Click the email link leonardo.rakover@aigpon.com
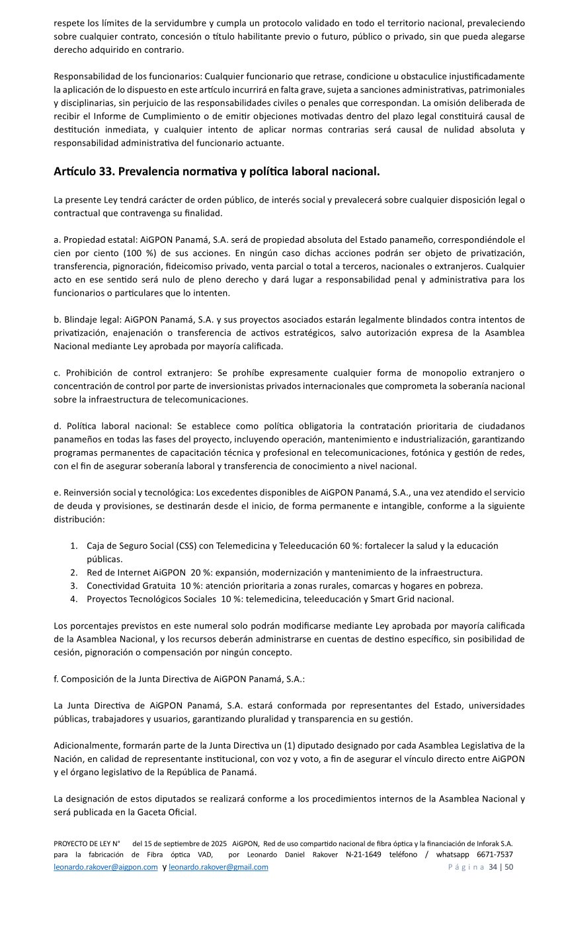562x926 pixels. [x=106, y=867]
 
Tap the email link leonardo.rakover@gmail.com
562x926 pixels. [x=218, y=867]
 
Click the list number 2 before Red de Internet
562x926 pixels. [x=73, y=572]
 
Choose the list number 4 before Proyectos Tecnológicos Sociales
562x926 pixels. [x=73, y=599]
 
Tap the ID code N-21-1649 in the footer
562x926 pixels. [x=364, y=855]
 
